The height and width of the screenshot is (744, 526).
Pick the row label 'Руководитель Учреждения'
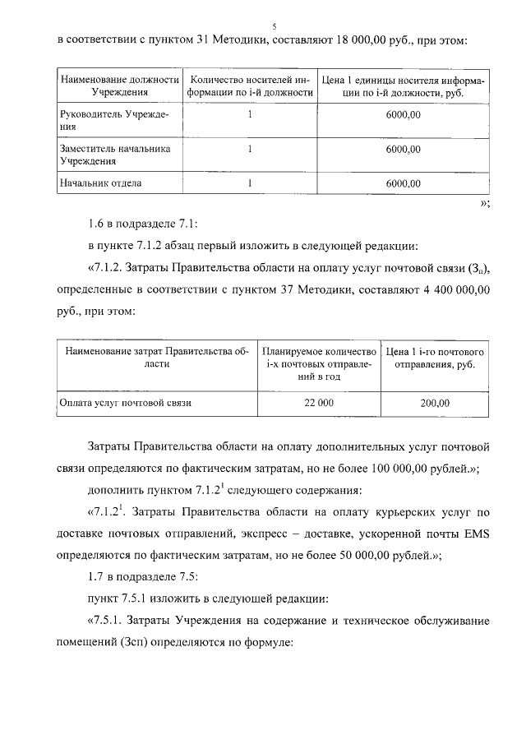point(114,121)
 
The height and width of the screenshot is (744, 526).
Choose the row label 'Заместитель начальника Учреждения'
point(114,155)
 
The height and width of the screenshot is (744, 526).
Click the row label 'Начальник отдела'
point(101,183)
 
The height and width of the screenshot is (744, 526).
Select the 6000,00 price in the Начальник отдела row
point(403,183)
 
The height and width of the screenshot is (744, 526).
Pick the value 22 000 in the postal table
point(319,403)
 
